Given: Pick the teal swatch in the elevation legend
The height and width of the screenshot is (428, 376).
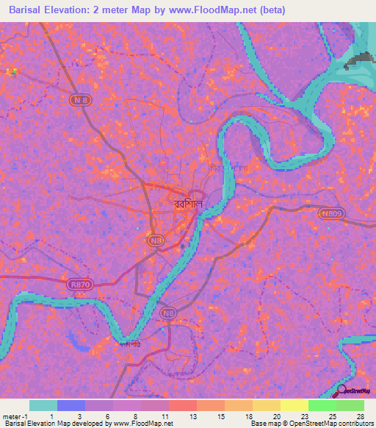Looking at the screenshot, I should click(x=43, y=405).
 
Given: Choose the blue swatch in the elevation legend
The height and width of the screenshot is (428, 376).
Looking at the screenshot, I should click(x=71, y=405).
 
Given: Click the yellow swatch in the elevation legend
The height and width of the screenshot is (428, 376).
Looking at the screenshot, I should click(x=294, y=405).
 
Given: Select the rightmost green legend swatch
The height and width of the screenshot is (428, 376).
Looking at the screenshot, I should click(x=350, y=405).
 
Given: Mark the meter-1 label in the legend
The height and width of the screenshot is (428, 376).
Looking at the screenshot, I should click(x=14, y=416).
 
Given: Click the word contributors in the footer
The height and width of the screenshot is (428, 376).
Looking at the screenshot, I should click(x=355, y=424).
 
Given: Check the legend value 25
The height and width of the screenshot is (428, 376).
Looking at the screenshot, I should click(x=333, y=416).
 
